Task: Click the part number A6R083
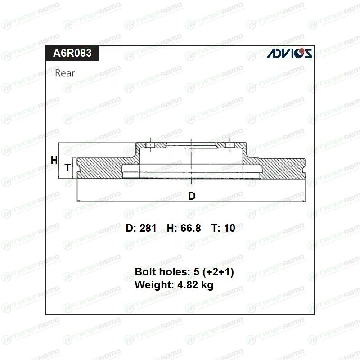(x=72, y=53)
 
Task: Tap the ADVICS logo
(x=289, y=53)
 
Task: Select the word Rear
(x=65, y=73)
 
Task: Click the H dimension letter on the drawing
(x=54, y=160)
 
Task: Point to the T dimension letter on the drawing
(x=67, y=167)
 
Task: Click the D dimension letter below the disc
(x=192, y=196)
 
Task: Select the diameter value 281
(x=148, y=228)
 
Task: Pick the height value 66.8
(x=190, y=228)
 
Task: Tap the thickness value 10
(x=229, y=228)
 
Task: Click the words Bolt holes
(x=163, y=272)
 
